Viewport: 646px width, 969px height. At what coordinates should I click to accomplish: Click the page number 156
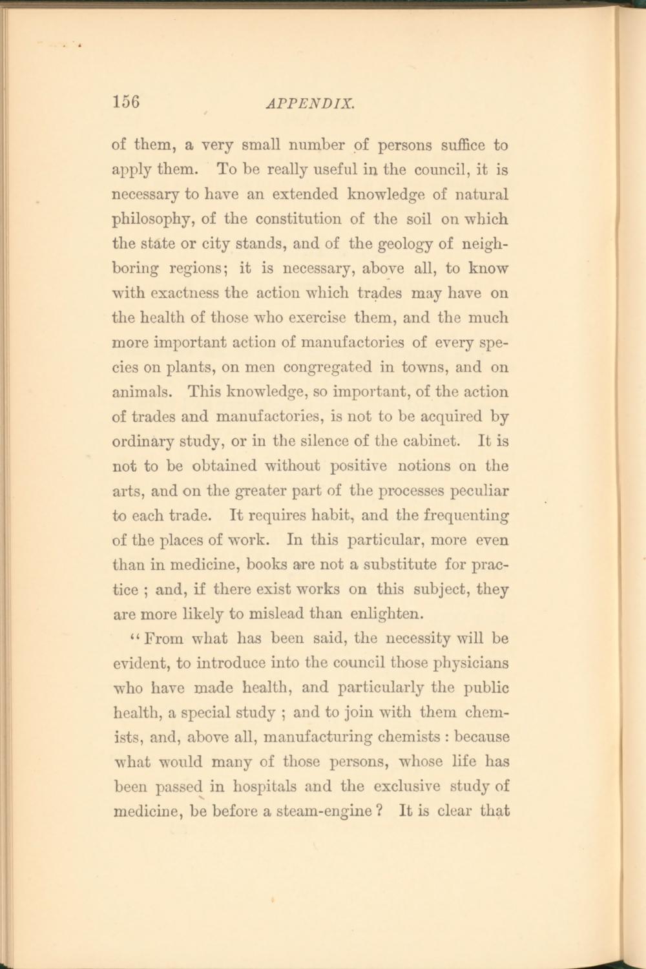pos(126,102)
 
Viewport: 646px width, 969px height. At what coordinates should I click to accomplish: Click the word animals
pos(141,392)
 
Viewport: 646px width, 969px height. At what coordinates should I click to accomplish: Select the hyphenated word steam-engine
pos(322,811)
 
